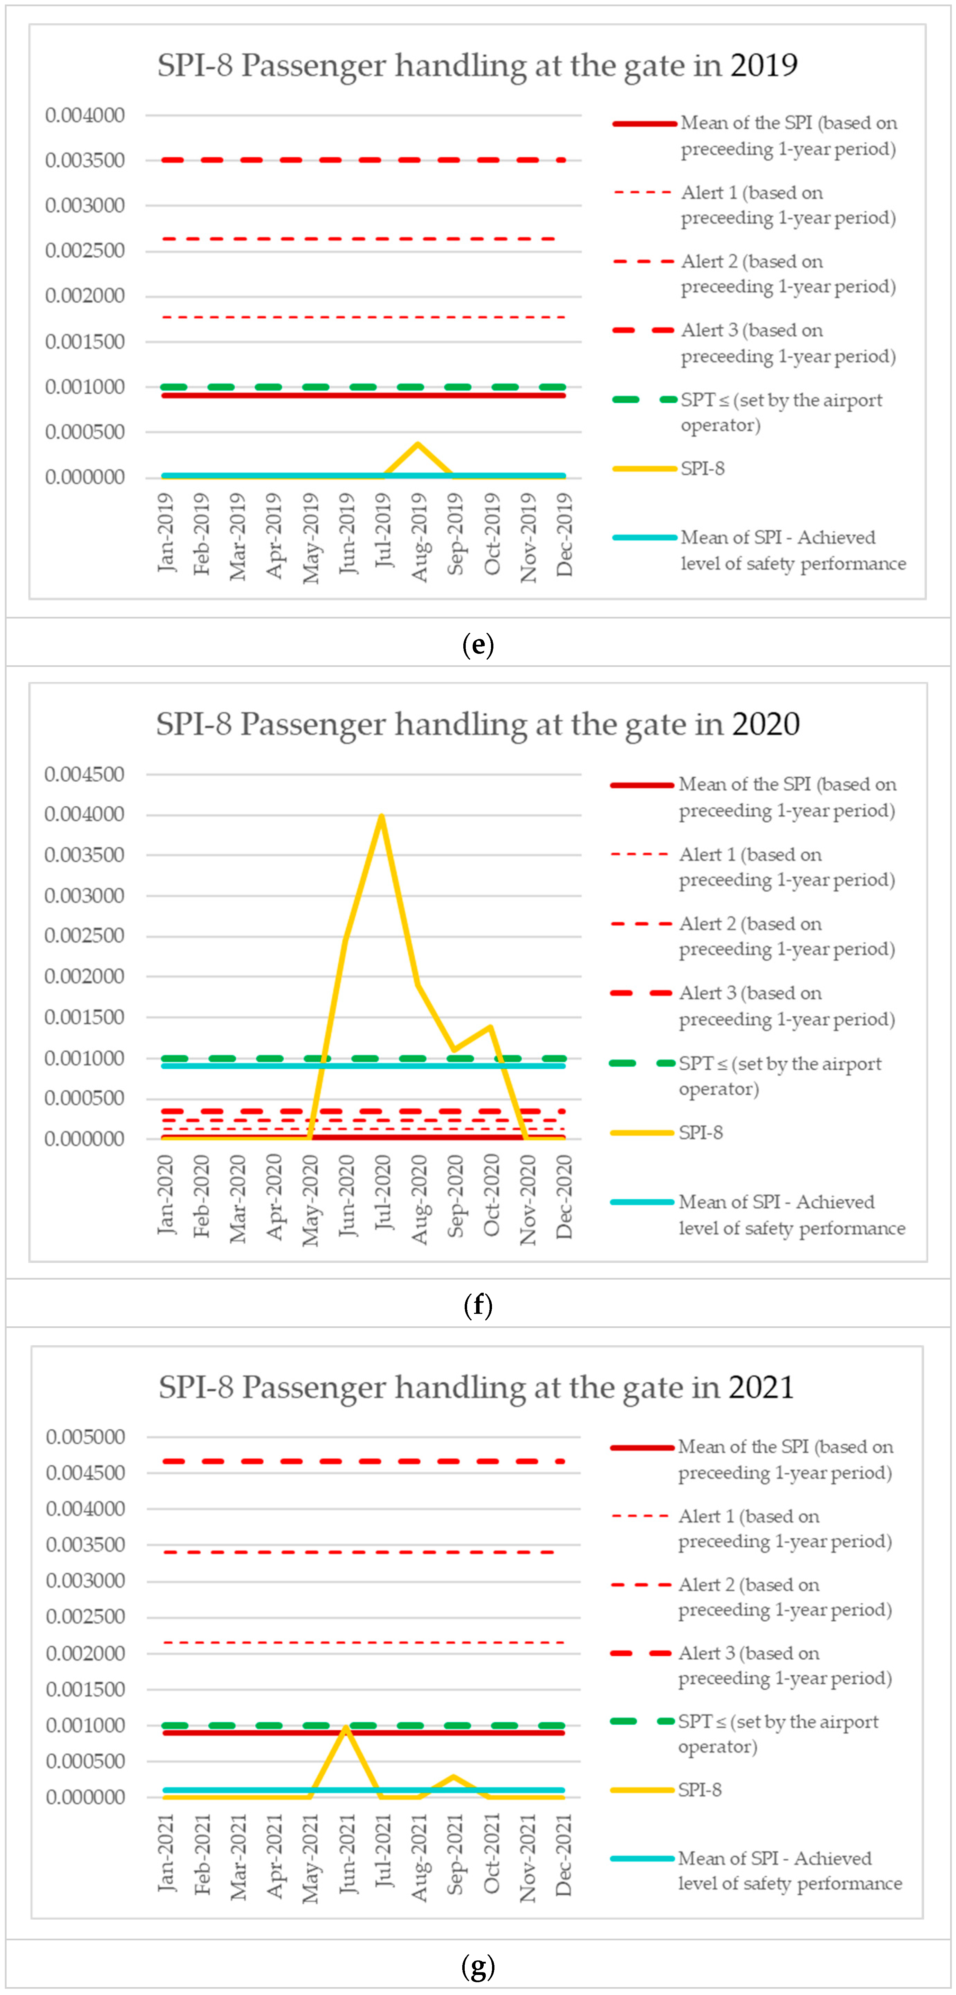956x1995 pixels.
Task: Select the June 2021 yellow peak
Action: (x=346, y=1728)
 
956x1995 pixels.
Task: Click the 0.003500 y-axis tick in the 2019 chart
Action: (x=84, y=160)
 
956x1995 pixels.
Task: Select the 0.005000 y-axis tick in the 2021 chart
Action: (x=85, y=1437)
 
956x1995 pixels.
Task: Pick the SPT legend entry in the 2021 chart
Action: (x=778, y=1734)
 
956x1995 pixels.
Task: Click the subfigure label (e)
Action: (x=477, y=644)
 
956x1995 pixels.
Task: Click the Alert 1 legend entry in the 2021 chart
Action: (x=784, y=1528)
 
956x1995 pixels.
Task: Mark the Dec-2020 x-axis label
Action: (x=564, y=1197)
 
